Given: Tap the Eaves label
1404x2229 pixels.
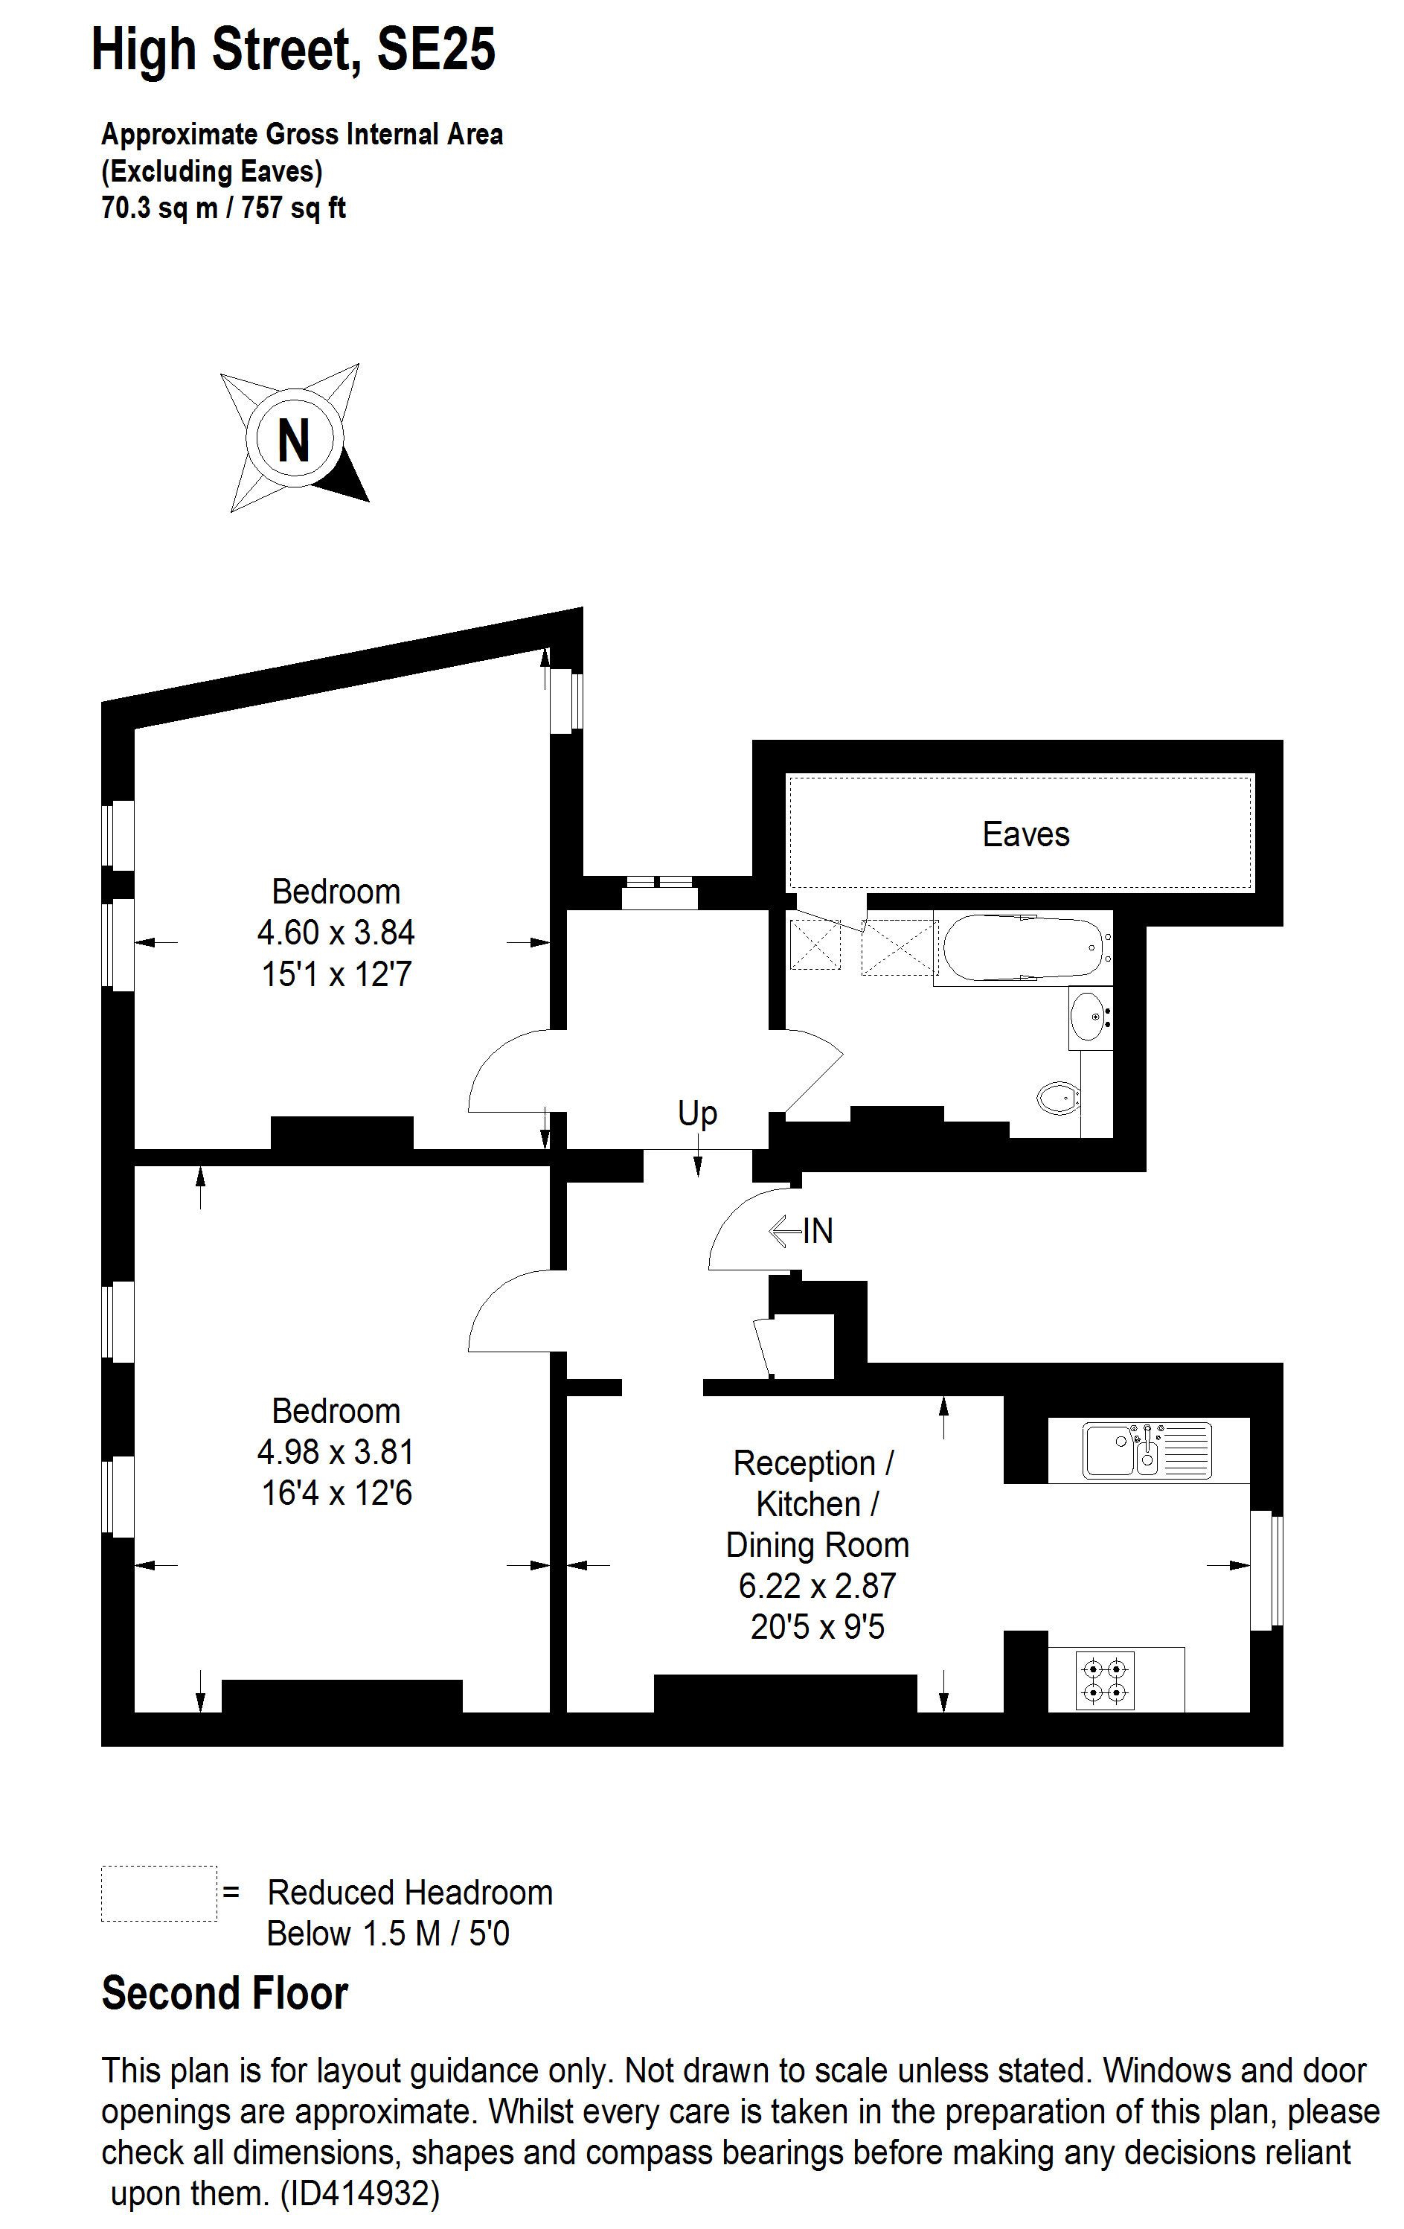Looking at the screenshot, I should tap(1025, 834).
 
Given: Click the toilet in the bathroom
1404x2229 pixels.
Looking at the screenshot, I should tap(1058, 1098).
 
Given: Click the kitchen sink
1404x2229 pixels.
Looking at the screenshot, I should tap(1147, 1450).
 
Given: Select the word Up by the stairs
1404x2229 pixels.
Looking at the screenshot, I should tap(697, 1113).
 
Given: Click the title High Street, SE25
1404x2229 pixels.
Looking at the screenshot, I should tap(293, 50).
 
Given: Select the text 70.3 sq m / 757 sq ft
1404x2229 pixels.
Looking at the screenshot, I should tap(223, 208).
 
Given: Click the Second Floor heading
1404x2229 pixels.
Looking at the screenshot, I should tap(224, 1993).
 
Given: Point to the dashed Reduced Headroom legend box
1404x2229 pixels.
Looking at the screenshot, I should tap(158, 1893).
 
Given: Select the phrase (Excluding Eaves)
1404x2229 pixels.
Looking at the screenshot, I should tap(212, 171).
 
